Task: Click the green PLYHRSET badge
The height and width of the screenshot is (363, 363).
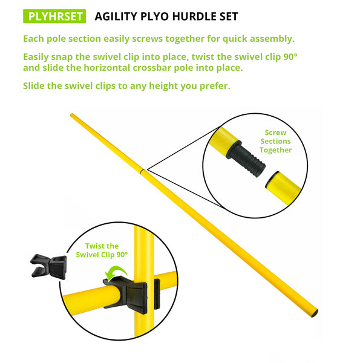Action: point(54,16)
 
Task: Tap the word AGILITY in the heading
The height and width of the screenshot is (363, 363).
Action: point(116,16)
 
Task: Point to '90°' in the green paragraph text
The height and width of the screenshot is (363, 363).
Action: point(290,57)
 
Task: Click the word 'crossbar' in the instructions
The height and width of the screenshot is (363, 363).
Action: point(152,68)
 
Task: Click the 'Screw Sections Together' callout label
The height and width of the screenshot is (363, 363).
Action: point(275,141)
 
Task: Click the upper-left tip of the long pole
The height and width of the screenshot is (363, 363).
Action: point(71,114)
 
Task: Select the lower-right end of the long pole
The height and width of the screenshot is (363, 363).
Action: point(315,313)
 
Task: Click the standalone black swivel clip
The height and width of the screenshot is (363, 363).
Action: point(48,266)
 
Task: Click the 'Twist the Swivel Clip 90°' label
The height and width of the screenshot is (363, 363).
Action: point(102,250)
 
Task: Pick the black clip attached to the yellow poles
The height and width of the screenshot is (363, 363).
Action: point(131,294)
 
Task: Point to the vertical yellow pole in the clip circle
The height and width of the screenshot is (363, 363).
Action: point(144,255)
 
